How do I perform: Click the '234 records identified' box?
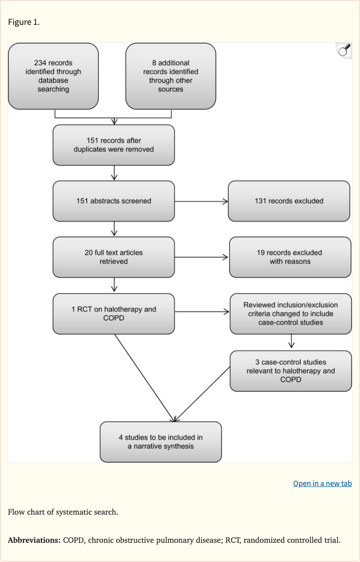click(53, 76)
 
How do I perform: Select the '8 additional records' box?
click(171, 76)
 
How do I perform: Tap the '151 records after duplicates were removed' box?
click(113, 145)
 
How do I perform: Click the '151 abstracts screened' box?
click(113, 201)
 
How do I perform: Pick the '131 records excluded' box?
click(289, 201)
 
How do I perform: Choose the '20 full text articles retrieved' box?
click(113, 257)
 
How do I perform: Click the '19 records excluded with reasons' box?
click(290, 257)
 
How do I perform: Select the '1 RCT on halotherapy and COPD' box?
click(113, 313)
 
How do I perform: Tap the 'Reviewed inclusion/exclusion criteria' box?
click(290, 313)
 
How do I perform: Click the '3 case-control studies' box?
click(290, 371)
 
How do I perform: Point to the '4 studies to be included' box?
click(160, 441)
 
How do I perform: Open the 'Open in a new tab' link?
click(322, 483)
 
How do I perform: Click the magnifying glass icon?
click(344, 50)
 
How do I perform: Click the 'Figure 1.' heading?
click(24, 23)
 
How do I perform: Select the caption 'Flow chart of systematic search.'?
click(63, 512)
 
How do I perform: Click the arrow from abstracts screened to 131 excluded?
click(201, 201)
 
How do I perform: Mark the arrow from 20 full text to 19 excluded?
click(202, 257)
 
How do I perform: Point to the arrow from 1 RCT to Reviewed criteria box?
click(202, 311)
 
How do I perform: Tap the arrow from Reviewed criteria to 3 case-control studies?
click(292, 342)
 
